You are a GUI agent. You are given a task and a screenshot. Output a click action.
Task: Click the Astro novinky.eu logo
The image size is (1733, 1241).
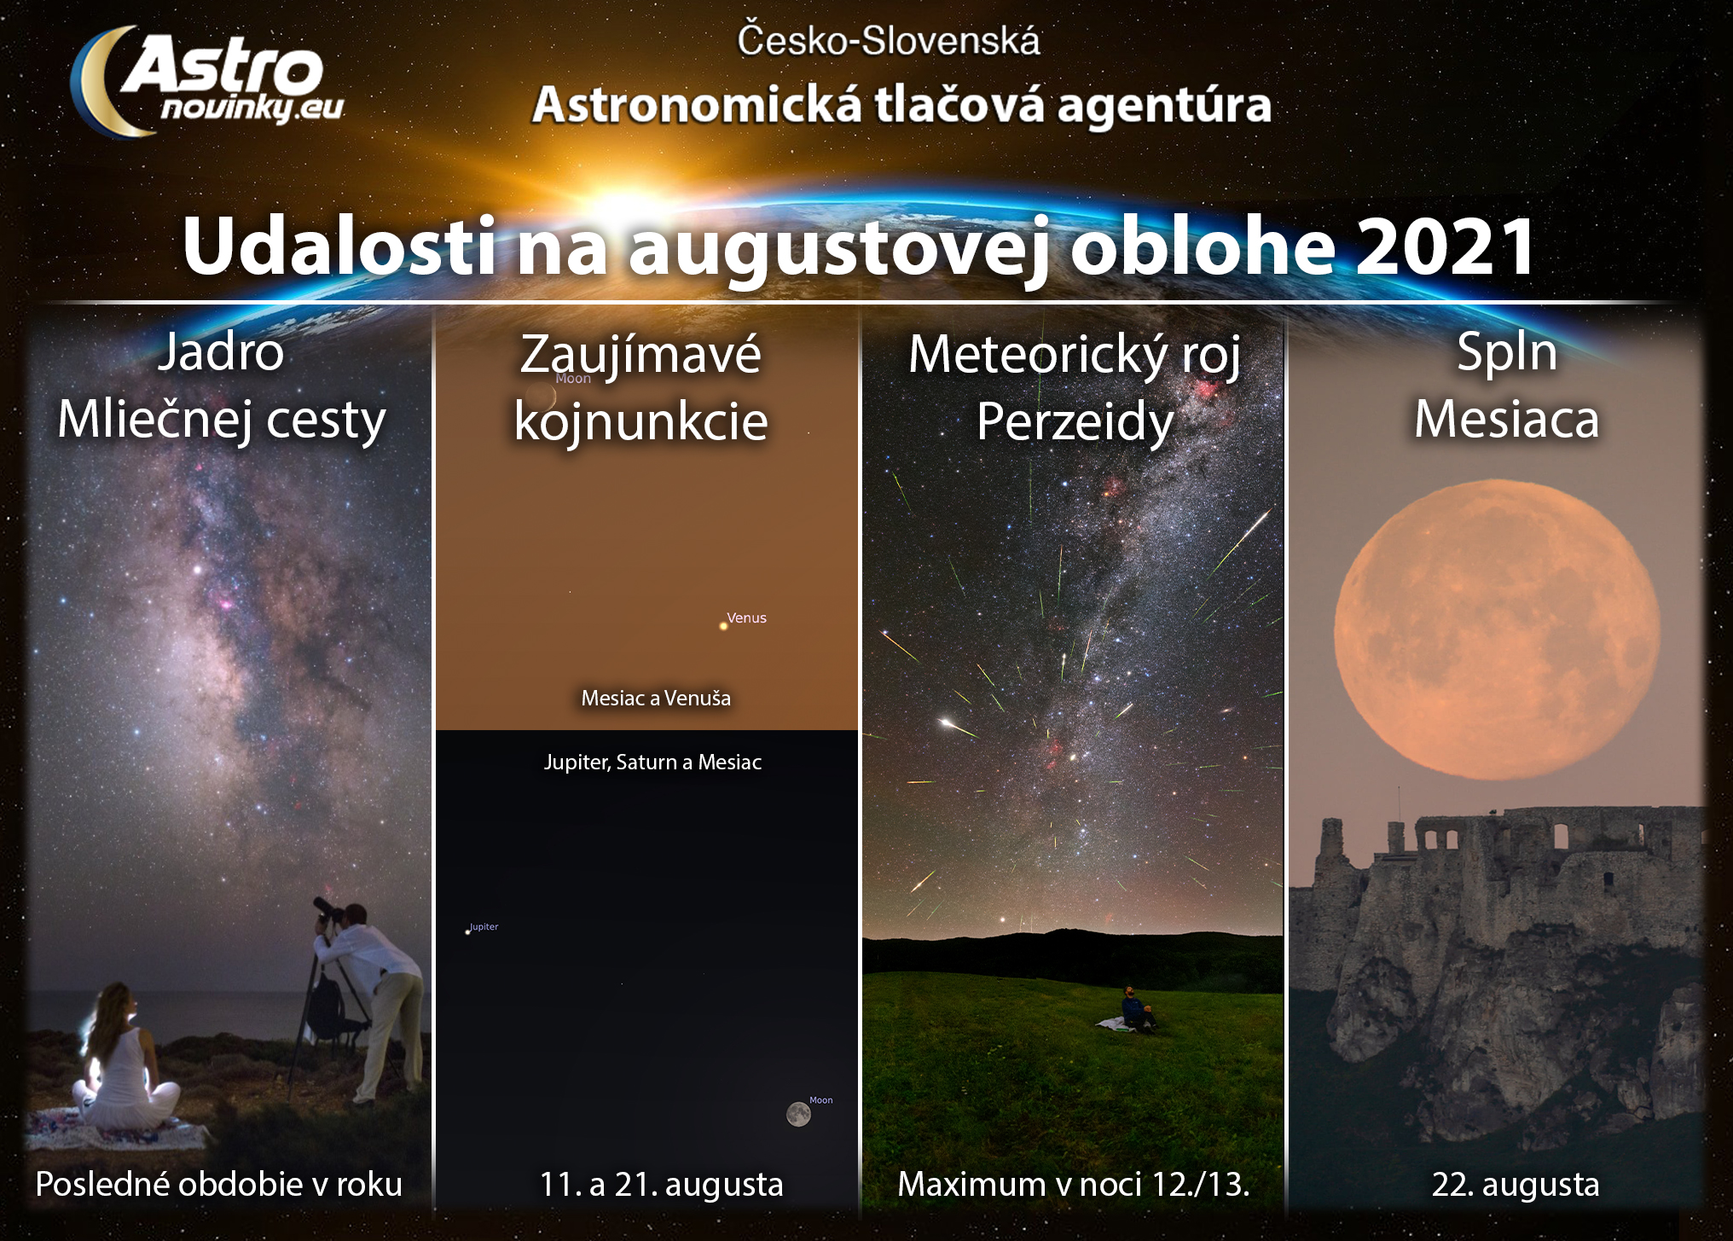click(x=206, y=81)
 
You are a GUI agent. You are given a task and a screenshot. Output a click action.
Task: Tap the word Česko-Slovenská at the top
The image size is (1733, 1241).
click(x=888, y=41)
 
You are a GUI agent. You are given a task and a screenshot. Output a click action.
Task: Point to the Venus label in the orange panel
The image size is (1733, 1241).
click(x=746, y=618)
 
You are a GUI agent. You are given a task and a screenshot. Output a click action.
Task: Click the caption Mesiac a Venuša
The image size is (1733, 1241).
click(x=656, y=699)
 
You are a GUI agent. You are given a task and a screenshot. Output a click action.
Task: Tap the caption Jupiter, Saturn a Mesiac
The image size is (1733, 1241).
click(x=652, y=762)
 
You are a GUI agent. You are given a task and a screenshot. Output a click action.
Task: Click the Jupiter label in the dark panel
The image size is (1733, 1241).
click(x=484, y=926)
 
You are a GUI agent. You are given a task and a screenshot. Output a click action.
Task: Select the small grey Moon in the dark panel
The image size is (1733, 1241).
click(x=798, y=1114)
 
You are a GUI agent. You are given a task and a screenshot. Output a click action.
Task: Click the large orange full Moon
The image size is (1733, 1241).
click(x=1497, y=629)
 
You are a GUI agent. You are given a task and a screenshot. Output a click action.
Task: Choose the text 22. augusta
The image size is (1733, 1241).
click(x=1515, y=1185)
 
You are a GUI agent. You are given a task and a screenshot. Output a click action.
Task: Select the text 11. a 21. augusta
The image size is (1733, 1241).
click(x=661, y=1185)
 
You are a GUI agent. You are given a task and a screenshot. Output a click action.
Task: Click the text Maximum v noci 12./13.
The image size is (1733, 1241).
click(x=1073, y=1185)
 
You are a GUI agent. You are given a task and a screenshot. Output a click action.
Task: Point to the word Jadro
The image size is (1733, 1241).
click(x=220, y=351)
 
